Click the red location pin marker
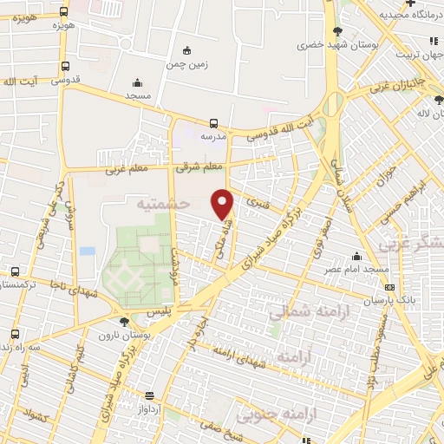[x=223, y=203]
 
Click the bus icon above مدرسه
[x=213, y=123]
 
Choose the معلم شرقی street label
[x=199, y=166]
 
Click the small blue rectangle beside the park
[x=87, y=251]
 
